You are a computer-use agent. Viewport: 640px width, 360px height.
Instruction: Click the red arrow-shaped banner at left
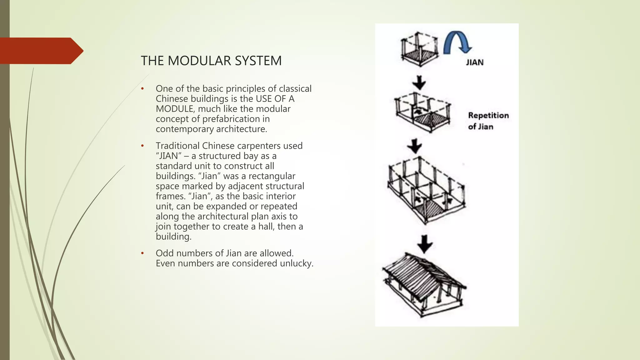tap(41, 51)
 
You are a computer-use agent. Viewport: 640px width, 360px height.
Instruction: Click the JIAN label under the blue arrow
tap(475, 62)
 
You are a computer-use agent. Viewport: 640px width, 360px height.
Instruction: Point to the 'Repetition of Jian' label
tap(488, 121)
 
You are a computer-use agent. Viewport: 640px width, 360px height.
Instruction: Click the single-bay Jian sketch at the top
tap(419, 49)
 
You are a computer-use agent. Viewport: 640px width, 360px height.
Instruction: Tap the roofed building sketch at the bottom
tap(423, 284)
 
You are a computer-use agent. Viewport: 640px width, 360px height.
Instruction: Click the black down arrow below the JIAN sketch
tap(419, 82)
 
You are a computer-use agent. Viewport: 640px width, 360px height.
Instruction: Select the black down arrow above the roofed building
tap(425, 244)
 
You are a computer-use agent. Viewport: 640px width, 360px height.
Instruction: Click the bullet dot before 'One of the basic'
tap(142, 89)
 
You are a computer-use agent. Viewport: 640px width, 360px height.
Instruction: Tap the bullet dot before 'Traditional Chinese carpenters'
tap(142, 146)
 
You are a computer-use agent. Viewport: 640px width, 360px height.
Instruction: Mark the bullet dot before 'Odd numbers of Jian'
tap(142, 253)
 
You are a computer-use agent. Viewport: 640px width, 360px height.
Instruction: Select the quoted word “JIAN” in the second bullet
tap(169, 156)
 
